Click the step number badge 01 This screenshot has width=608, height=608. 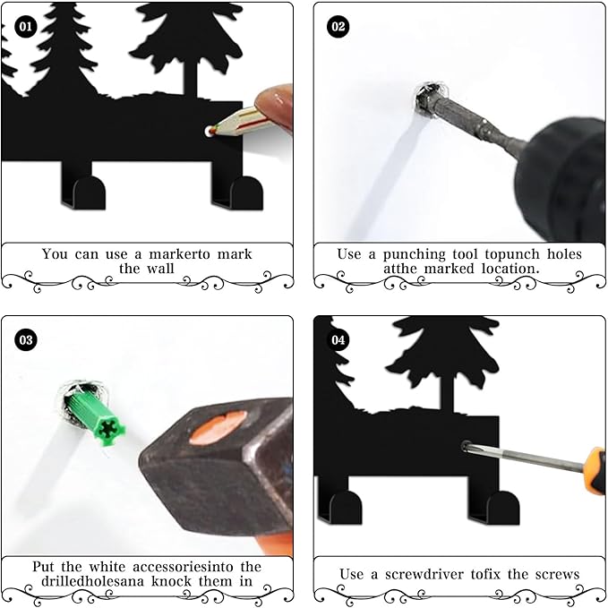pyautogui.click(x=25, y=27)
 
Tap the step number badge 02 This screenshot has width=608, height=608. pyautogui.click(x=338, y=27)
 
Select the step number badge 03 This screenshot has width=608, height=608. pyautogui.click(x=25, y=340)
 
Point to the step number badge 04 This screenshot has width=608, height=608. pyautogui.click(x=338, y=340)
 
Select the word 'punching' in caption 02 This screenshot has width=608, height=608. pyautogui.click(x=419, y=254)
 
